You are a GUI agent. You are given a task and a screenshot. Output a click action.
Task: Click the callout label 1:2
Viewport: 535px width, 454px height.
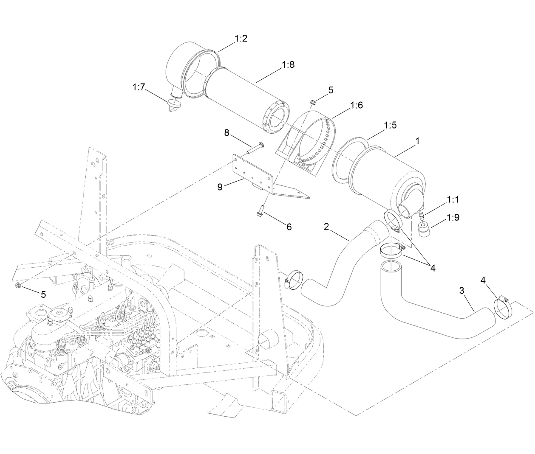(x=241, y=39)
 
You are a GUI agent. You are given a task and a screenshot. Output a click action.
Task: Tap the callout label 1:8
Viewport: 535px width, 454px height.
(x=288, y=65)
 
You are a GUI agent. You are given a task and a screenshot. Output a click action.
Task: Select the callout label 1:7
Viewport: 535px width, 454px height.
(x=139, y=87)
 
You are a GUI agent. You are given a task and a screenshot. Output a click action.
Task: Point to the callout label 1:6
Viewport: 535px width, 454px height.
(x=356, y=105)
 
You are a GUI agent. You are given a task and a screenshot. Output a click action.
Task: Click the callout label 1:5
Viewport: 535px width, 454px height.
(x=390, y=126)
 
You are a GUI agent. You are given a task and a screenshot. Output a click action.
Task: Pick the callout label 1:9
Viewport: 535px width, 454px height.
(x=453, y=218)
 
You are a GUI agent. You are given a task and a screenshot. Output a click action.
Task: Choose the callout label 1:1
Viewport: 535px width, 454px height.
(x=453, y=199)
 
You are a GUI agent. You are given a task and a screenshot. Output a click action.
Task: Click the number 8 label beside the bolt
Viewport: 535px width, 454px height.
(x=227, y=133)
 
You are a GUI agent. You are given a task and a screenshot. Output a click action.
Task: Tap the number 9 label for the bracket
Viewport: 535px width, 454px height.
(x=220, y=187)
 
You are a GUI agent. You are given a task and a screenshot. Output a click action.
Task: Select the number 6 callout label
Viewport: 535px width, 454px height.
(x=289, y=227)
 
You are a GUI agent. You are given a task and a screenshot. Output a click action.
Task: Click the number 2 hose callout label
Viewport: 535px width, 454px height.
(x=326, y=227)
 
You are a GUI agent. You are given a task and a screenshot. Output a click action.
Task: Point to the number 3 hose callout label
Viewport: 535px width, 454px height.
(x=461, y=291)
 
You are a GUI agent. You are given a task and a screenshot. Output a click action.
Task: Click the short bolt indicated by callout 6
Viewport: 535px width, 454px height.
(x=261, y=209)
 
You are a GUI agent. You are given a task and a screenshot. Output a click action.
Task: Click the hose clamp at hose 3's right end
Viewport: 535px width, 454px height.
(x=502, y=308)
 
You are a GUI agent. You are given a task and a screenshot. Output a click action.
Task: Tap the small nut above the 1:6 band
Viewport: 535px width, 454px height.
(x=311, y=102)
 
